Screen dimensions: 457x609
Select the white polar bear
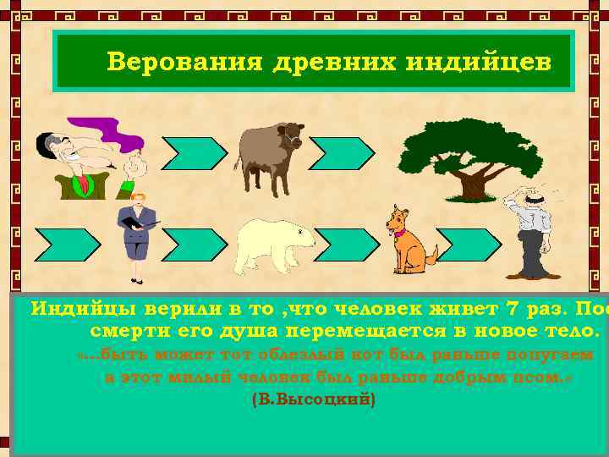click(x=274, y=245)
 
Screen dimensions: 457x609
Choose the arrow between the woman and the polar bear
click(x=195, y=245)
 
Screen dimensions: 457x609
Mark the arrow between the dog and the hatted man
click(x=469, y=245)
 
